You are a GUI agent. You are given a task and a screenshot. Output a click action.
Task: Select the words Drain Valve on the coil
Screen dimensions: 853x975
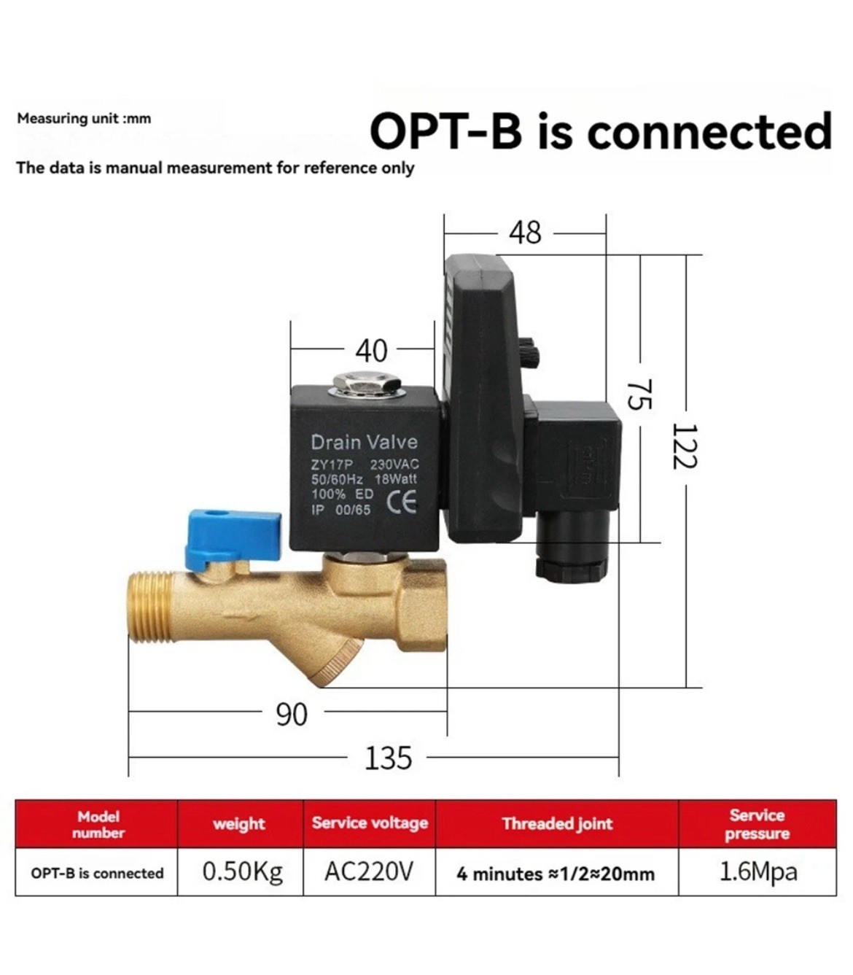click(365, 442)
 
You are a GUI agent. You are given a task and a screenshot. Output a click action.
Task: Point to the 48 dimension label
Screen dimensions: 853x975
click(526, 233)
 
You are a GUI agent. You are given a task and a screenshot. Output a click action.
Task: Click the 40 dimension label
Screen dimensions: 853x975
click(372, 351)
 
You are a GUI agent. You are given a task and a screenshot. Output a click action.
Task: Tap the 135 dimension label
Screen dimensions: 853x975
click(388, 758)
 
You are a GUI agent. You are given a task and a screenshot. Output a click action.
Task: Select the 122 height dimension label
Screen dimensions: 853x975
click(685, 446)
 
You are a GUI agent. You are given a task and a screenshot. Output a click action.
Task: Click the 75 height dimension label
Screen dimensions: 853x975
click(639, 394)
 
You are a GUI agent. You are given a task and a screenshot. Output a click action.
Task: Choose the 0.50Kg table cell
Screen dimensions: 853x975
click(243, 871)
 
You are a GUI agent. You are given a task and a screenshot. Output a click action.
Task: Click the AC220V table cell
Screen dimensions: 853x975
click(369, 871)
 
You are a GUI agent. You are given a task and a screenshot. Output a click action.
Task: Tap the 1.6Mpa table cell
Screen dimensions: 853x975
click(757, 872)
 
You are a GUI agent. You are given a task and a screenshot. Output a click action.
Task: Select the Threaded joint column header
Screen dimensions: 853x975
click(557, 823)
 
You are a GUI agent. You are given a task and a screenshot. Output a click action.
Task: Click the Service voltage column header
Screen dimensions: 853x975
click(370, 823)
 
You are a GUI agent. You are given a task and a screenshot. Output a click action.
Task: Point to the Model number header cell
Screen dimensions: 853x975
click(98, 825)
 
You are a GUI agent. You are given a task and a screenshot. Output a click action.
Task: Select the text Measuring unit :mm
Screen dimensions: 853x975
click(84, 119)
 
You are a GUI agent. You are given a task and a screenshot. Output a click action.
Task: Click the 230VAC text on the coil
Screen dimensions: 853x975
click(394, 464)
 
